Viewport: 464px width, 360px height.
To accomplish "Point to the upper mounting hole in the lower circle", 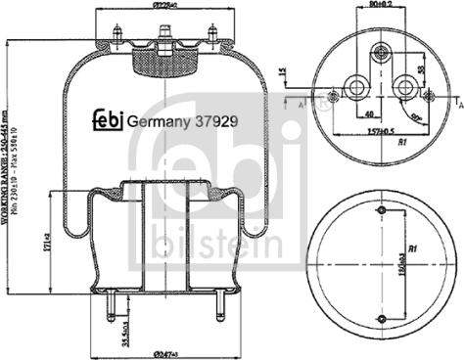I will click(x=380, y=207).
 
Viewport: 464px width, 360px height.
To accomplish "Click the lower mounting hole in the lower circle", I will click(x=380, y=320).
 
